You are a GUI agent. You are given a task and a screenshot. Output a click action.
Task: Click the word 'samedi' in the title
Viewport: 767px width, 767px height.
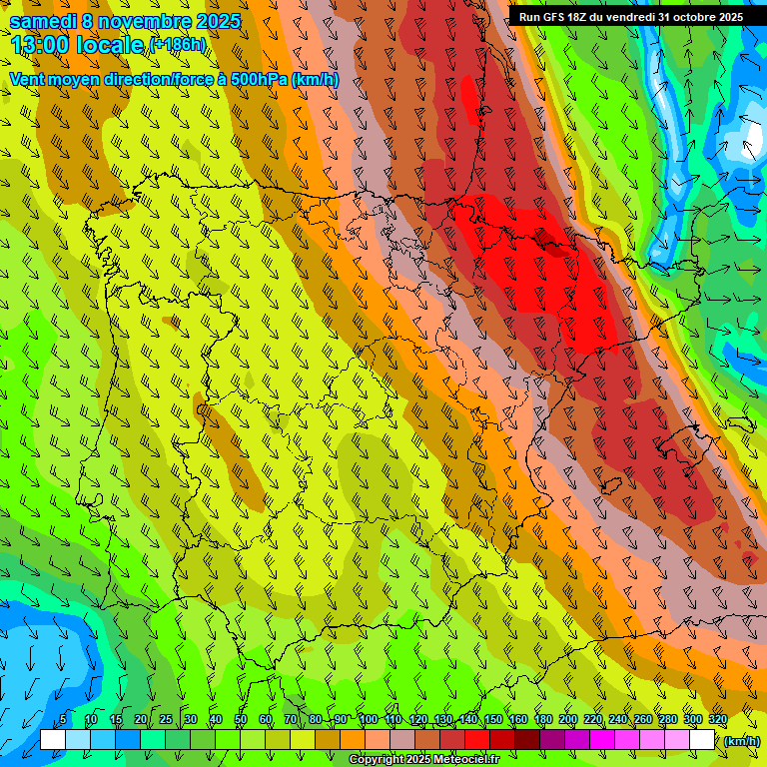42,21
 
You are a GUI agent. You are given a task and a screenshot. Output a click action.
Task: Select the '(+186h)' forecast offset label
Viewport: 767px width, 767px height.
178,44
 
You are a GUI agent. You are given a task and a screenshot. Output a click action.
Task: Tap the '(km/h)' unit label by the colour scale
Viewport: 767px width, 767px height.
741,740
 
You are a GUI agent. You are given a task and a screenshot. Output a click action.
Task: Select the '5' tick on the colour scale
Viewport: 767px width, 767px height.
63,719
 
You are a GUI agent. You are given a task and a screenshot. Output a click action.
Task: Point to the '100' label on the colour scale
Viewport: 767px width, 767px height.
368,719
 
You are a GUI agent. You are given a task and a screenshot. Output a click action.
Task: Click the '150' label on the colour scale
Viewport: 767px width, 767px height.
493,719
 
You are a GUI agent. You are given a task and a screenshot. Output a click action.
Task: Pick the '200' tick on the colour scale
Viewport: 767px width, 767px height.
568,719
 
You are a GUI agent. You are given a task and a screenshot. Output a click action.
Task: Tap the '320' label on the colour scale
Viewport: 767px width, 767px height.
718,719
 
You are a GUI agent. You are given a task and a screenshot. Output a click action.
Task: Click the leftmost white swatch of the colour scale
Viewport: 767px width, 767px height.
53,740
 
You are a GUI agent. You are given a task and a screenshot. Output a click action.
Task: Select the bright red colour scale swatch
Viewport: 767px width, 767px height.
477,740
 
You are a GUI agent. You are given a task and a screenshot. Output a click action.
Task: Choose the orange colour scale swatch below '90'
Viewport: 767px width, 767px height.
353,740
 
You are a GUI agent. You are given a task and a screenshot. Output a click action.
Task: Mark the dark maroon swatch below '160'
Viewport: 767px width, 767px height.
527,740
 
